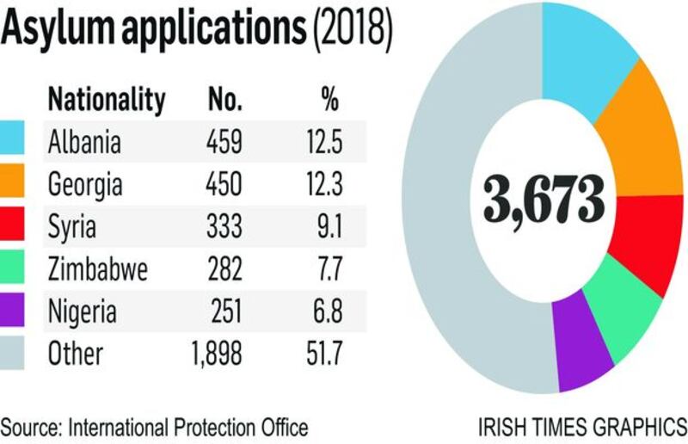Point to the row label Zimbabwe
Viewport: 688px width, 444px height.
coord(97,269)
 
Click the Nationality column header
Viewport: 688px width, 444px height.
coord(106,101)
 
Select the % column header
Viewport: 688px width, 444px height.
coord(329,101)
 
